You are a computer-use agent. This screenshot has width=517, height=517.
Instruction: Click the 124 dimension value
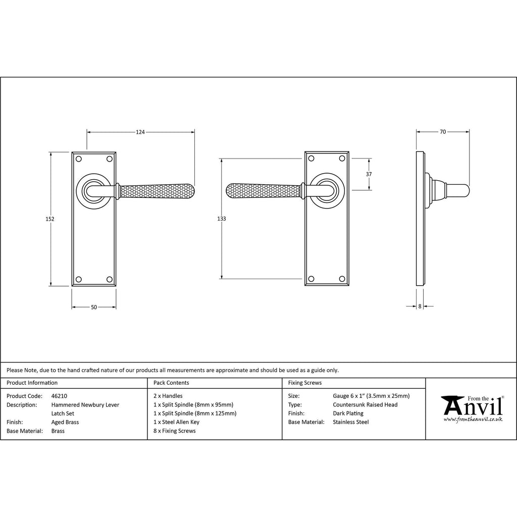[140, 132]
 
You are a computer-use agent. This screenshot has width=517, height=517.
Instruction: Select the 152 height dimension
[50, 219]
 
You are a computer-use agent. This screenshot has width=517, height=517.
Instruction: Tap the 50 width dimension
[94, 307]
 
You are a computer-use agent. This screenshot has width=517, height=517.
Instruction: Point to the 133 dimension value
[222, 219]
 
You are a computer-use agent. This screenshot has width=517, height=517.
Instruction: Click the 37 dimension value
[369, 174]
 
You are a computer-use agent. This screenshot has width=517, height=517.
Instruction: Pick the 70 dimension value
[443, 132]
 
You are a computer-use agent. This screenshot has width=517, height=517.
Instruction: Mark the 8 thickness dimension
[420, 306]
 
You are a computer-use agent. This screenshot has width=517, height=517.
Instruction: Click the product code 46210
[60, 396]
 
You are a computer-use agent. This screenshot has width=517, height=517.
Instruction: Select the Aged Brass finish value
[65, 422]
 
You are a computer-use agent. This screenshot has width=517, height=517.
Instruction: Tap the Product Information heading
[32, 383]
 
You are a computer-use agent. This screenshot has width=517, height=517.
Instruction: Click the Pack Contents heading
[171, 383]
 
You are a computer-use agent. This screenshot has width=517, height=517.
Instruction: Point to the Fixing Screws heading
[304, 383]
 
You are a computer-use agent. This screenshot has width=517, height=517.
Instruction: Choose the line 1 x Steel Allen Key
[176, 422]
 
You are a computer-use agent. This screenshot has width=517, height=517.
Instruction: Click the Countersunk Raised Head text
[365, 404]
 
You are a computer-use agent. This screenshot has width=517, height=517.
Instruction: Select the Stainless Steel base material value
[351, 422]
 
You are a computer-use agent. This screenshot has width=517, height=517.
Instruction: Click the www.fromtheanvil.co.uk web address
[473, 420]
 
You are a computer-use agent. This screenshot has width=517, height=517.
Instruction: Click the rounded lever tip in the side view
[467, 191]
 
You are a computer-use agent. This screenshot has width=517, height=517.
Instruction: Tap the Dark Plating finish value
[348, 413]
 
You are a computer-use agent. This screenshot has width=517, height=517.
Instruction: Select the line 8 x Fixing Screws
[174, 431]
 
